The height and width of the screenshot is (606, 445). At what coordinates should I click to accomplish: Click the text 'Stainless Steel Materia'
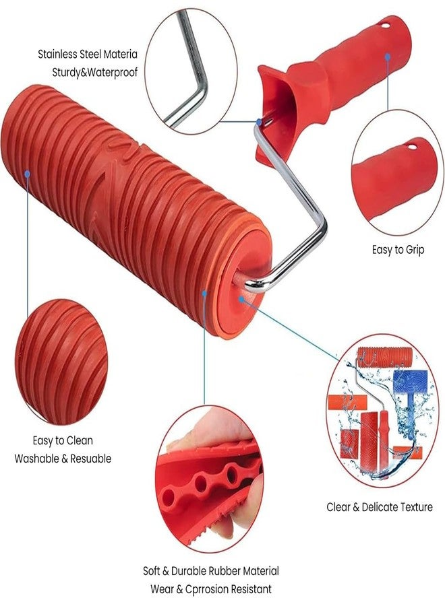tap(88, 53)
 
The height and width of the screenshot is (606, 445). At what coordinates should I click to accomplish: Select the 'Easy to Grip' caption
tap(398, 250)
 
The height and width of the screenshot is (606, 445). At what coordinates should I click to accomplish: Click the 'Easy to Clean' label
tap(63, 441)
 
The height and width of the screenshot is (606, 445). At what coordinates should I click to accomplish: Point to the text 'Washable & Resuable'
tap(63, 459)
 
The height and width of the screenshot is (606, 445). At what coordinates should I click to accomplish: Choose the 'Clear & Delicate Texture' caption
tap(380, 507)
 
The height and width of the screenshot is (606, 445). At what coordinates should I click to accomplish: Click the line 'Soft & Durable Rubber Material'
tap(211, 571)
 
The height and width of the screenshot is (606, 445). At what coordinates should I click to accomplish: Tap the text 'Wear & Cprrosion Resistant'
tap(211, 589)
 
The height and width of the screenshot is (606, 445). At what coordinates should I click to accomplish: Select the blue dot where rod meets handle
tap(258, 122)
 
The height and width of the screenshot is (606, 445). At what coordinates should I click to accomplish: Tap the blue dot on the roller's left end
tap(28, 173)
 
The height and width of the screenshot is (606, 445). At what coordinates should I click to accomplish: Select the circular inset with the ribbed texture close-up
tap(61, 362)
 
